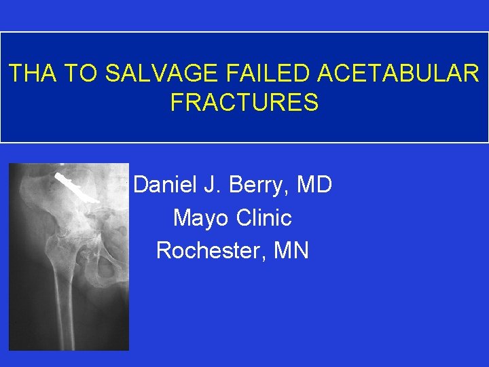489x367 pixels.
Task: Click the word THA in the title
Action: pyautogui.click(x=31, y=73)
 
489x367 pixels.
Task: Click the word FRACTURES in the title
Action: pyautogui.click(x=244, y=103)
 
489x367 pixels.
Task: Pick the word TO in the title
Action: pyautogui.click(x=77, y=73)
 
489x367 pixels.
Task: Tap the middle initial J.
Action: pyautogui.click(x=217, y=184)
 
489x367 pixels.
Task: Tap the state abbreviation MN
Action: pyautogui.click(x=291, y=250)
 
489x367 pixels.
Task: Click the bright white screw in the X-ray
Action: pyautogui.click(x=77, y=190)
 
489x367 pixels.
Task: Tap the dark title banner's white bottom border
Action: pyautogui.click(x=244, y=142)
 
